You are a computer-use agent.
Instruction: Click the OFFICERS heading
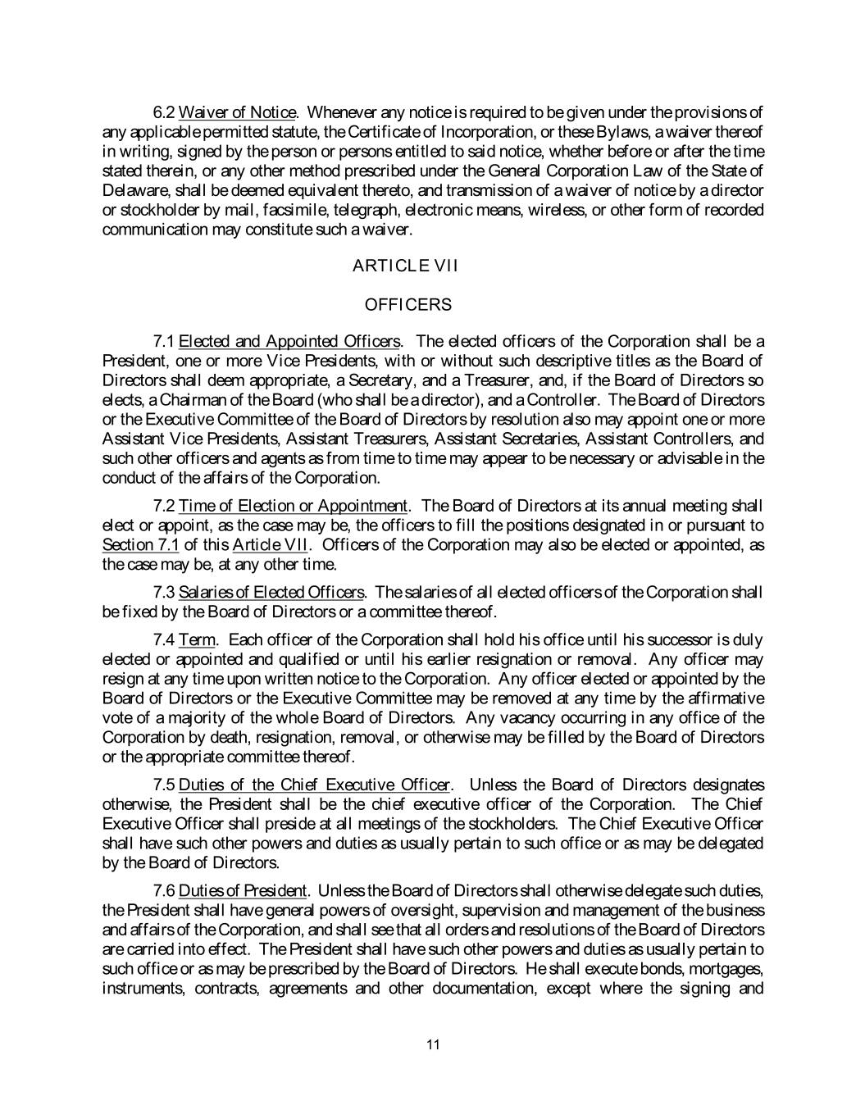[407, 305]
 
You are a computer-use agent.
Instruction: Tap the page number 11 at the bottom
[434, 1044]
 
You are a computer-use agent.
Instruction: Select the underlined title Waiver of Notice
[237, 112]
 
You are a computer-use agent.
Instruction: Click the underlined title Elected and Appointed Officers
[289, 341]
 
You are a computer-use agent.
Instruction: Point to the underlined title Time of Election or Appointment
[293, 505]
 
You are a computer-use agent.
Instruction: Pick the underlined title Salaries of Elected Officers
[271, 592]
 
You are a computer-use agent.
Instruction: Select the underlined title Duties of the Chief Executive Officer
[314, 785]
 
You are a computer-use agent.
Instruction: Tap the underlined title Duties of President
[242, 890]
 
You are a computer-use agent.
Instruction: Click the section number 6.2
[164, 112]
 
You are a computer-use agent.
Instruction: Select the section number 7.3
[164, 592]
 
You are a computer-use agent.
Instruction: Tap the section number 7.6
[164, 890]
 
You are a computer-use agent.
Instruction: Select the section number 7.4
[164, 639]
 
